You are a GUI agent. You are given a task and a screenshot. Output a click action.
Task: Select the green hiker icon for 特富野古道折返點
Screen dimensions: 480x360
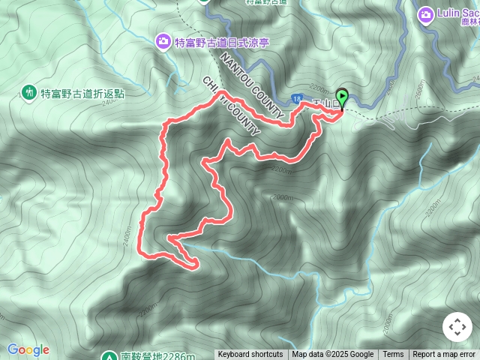coord(29,92)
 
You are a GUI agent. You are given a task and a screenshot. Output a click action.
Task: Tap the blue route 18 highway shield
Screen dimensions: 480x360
coord(298,98)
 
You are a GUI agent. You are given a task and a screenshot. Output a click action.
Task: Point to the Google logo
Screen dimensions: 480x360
coord(28,349)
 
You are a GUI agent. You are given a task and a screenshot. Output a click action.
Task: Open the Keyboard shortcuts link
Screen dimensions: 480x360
coord(250,355)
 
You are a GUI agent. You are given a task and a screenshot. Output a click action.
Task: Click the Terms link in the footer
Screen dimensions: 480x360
coord(393,355)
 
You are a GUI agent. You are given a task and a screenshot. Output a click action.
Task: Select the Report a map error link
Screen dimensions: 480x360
coord(445,355)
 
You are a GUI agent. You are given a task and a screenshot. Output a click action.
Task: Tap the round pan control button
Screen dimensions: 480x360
coord(457,328)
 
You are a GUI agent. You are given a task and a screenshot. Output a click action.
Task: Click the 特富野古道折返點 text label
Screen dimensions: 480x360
coord(82,94)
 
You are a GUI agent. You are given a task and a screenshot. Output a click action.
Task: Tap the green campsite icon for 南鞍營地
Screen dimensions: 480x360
coord(108,356)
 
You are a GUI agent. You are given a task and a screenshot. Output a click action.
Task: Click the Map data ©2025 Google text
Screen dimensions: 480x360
coord(332,355)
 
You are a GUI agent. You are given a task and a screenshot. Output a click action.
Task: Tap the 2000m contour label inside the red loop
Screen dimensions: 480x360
coord(283,196)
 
